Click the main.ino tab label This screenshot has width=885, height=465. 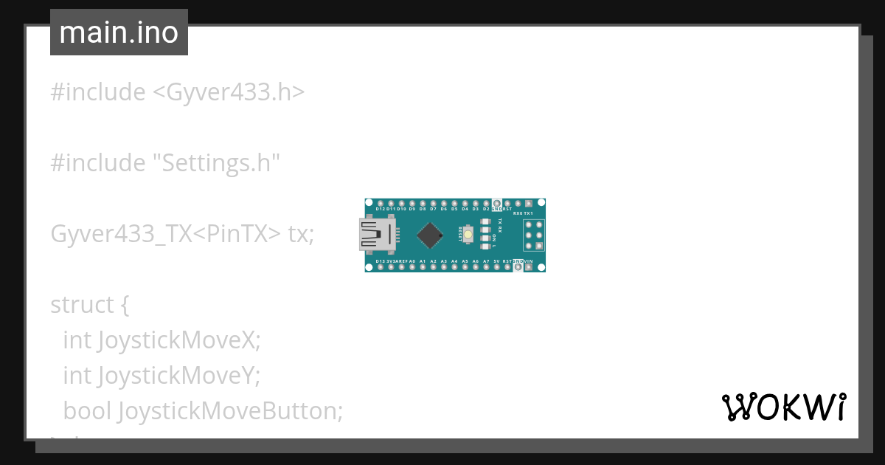(x=119, y=32)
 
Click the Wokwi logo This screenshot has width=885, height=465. (x=784, y=407)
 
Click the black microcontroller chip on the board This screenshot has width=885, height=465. (x=429, y=235)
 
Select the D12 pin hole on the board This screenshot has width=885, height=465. (x=381, y=203)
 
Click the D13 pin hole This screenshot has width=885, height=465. (x=381, y=267)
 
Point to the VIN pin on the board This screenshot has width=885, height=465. (x=529, y=267)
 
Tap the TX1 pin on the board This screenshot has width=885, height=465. (x=529, y=203)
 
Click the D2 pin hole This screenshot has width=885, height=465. (x=486, y=203)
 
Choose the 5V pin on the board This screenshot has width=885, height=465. (x=497, y=267)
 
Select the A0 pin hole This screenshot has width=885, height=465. (x=412, y=267)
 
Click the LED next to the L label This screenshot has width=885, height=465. (x=485, y=247)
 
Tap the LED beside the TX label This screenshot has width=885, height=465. (x=485, y=221)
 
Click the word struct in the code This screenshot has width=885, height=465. (x=82, y=304)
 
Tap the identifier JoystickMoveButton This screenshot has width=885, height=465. (x=230, y=410)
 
